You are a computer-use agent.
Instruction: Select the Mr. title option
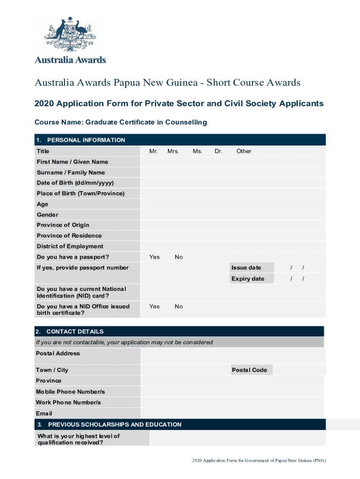[x=153, y=151]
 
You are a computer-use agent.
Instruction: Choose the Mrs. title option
[x=173, y=151]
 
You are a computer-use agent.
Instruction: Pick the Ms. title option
[x=197, y=151]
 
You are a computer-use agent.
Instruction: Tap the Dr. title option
[x=218, y=151]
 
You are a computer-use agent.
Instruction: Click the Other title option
[x=244, y=151]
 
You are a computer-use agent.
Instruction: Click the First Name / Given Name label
[x=72, y=162]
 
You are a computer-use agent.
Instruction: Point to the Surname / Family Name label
[x=71, y=173]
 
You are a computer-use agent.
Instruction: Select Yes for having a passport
[x=154, y=257]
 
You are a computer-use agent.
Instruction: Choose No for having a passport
[x=179, y=257]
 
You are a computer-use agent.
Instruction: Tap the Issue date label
[x=246, y=268]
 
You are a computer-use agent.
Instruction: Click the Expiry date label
[x=247, y=279]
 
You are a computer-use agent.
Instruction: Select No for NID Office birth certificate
[x=179, y=306]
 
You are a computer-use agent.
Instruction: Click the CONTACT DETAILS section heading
[x=75, y=331]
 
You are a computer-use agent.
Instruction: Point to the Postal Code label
[x=249, y=370]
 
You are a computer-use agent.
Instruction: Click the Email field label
[x=44, y=414]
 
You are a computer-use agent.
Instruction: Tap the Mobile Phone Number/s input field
[x=232, y=392]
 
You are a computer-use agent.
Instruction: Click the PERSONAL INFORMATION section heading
[x=86, y=140]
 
